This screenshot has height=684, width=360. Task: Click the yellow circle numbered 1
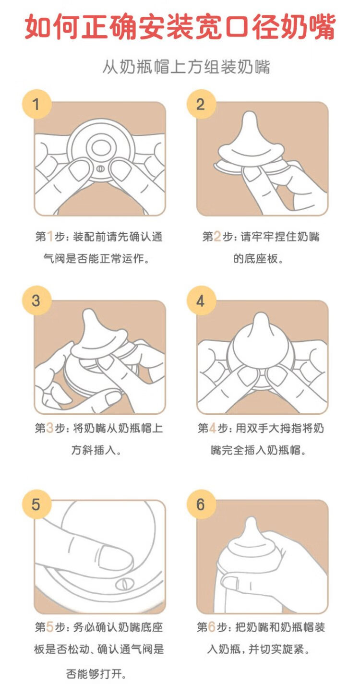point(36,104)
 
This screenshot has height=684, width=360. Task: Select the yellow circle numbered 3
point(36,300)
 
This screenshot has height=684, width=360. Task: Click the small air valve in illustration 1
point(100,168)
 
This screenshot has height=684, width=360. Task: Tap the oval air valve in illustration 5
point(124,584)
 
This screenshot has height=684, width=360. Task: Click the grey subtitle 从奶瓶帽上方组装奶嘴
point(186,67)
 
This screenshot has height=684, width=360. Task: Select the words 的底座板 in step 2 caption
point(255,259)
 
